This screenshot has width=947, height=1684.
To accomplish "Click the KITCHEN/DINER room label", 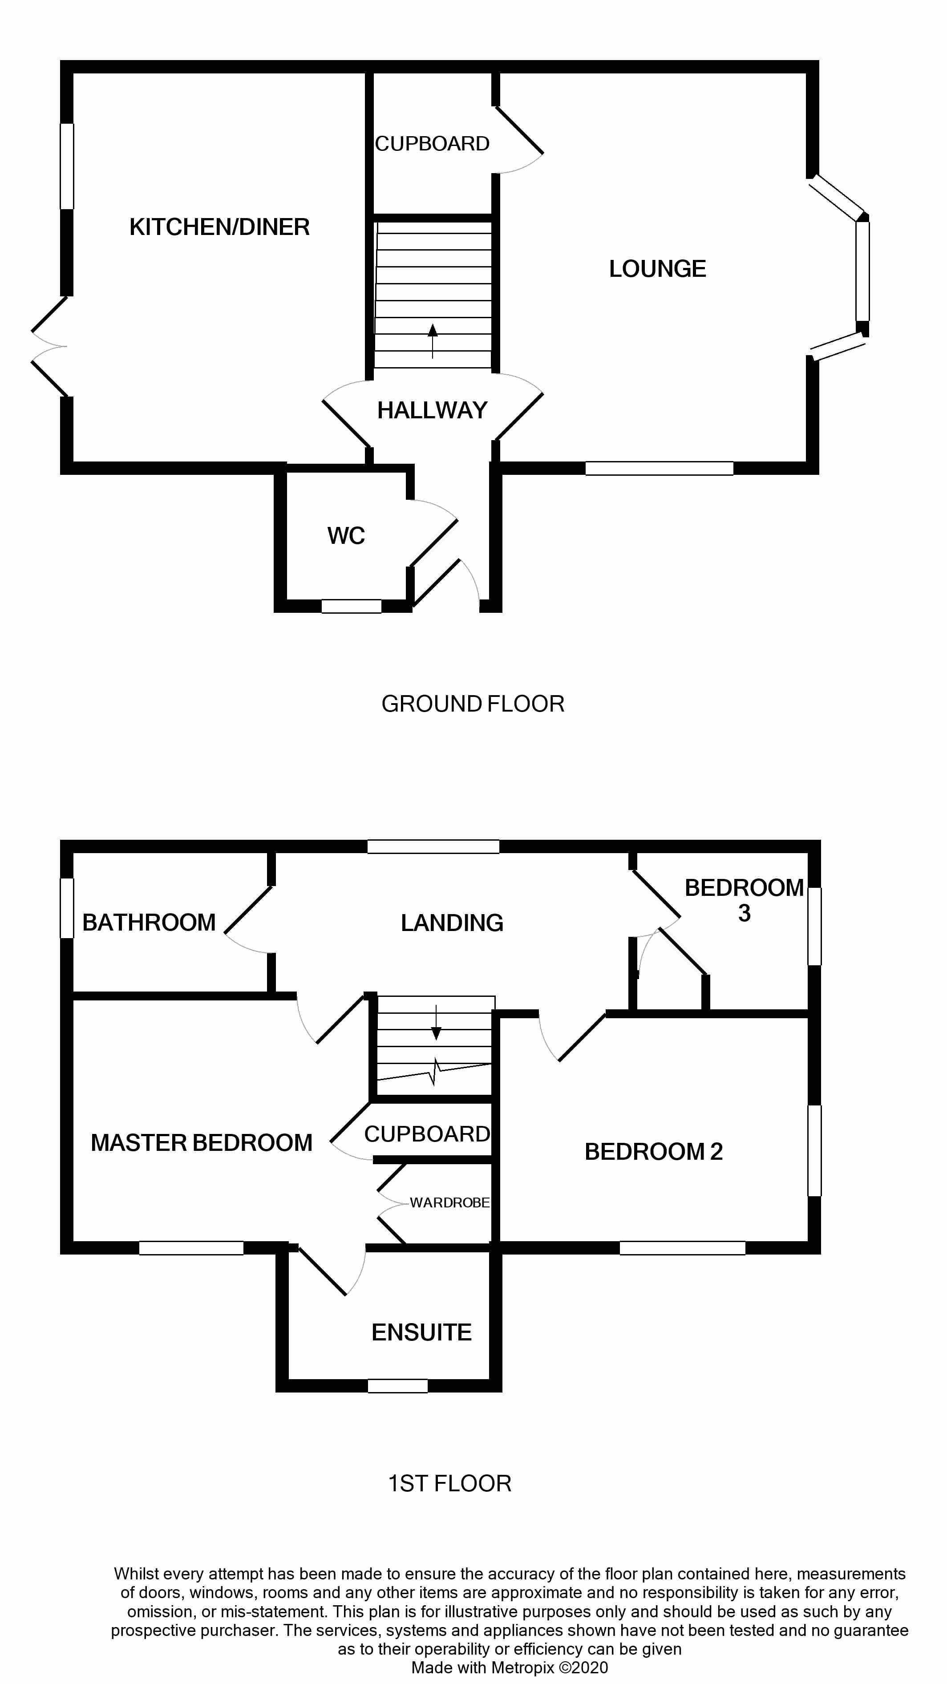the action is coord(219,227).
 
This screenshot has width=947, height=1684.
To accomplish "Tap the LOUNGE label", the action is coord(657,269).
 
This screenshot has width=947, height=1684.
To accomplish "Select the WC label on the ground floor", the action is coord(346,536).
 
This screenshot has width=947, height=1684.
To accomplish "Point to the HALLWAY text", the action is coord(432,410).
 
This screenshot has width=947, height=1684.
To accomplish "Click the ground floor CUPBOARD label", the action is coord(432,144).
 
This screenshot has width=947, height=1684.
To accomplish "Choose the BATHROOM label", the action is coord(149,923).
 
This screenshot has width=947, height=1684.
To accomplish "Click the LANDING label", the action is coord(452,923).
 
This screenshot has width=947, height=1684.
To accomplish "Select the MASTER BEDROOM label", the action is coord(201,1143).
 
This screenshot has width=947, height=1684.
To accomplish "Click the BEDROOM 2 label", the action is coord(654,1152).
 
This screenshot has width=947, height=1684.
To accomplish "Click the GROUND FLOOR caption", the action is coord(473,704).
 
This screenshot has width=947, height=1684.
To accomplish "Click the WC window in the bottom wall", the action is coord(352,606).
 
